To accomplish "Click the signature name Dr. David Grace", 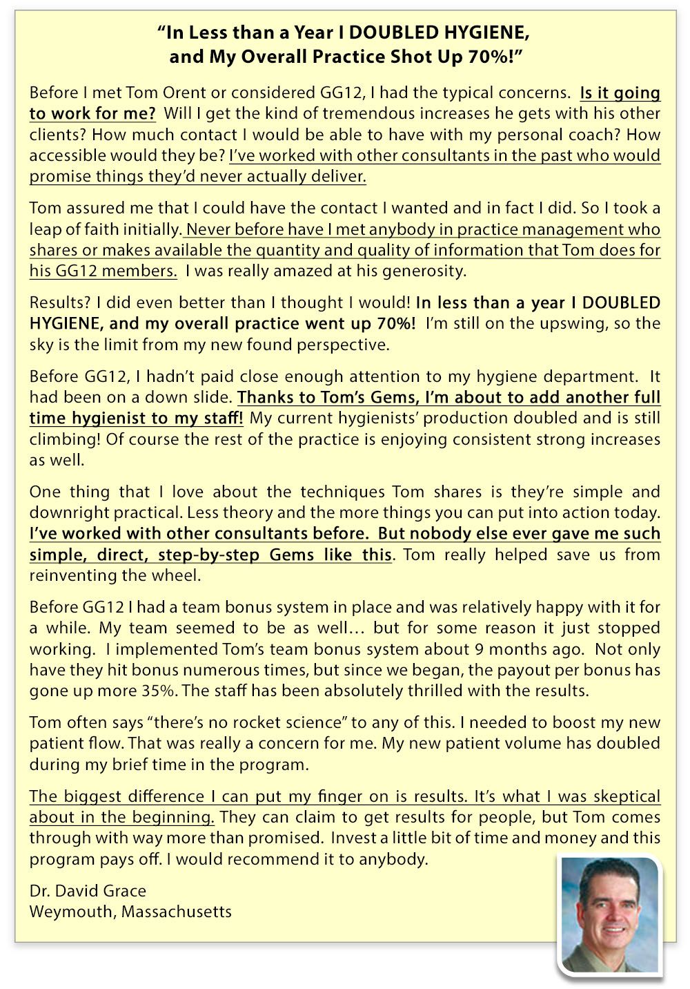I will (88, 890).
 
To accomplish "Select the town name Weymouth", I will (72, 912).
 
